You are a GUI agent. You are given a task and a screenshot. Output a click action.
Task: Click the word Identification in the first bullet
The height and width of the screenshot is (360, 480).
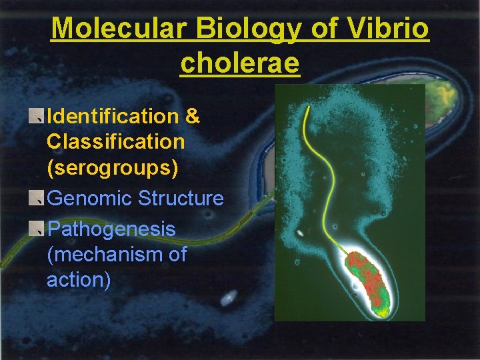click(x=113, y=116)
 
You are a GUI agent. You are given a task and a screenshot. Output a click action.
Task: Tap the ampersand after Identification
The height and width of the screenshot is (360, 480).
click(x=192, y=116)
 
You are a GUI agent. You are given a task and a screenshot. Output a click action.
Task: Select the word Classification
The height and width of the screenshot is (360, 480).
click(x=115, y=141)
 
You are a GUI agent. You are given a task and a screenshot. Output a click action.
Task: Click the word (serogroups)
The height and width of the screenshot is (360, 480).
click(x=113, y=167)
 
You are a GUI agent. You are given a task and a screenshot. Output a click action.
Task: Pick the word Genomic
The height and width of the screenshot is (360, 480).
click(x=90, y=198)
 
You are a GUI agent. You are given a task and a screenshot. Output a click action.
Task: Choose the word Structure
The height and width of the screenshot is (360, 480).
click(x=181, y=198)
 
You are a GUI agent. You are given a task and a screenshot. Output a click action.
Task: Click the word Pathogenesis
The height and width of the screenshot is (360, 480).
click(x=111, y=229)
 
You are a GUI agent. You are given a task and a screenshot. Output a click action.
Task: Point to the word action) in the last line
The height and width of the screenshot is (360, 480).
click(x=79, y=279)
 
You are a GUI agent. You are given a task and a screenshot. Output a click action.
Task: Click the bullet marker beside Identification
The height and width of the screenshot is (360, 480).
click(x=37, y=117)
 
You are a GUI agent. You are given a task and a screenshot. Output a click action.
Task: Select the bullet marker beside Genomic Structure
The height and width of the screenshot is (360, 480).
click(x=37, y=198)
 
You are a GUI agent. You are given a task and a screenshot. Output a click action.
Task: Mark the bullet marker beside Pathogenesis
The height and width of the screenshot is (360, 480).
click(x=37, y=229)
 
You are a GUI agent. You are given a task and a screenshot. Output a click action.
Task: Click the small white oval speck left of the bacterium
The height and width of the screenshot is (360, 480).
click(x=301, y=233)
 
